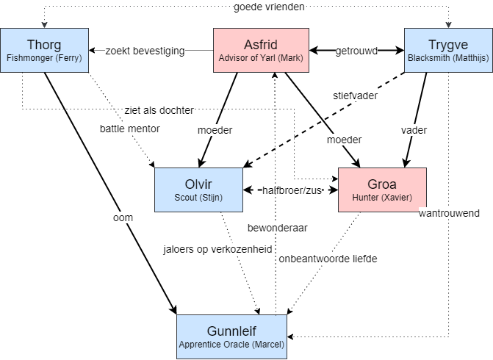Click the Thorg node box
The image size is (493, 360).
click(45, 50)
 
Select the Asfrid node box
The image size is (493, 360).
click(260, 50)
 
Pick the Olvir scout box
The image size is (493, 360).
click(198, 190)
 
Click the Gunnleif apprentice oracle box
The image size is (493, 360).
click(231, 336)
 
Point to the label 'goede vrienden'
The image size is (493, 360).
click(268, 7)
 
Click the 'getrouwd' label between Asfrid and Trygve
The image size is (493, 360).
click(356, 51)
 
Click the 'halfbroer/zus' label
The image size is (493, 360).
click(291, 190)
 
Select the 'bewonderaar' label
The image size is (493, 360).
click(276, 227)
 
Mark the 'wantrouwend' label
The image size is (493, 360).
click(448, 213)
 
